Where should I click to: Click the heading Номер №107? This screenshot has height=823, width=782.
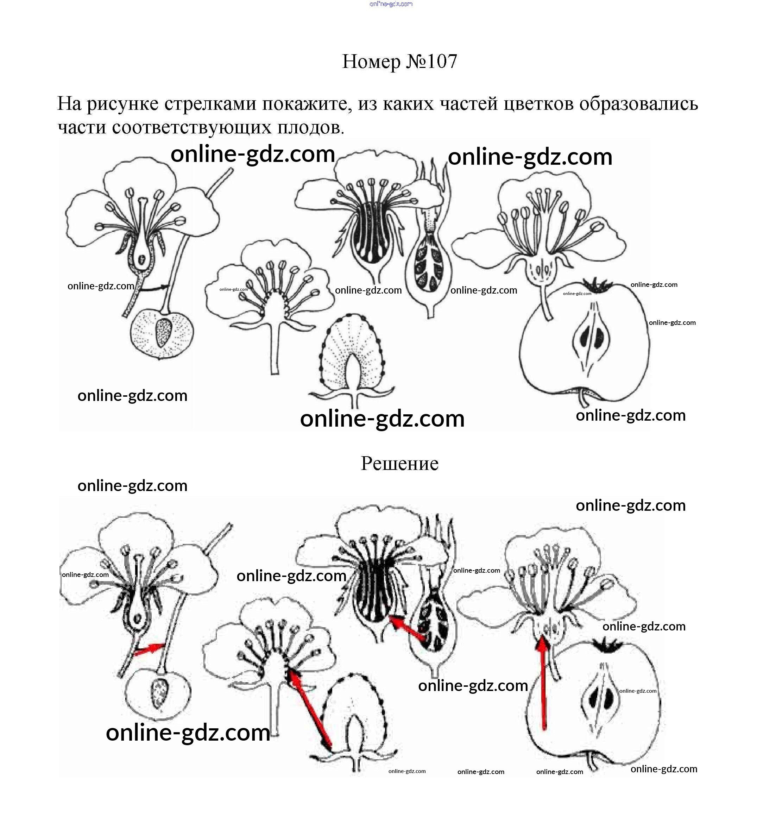click(400, 62)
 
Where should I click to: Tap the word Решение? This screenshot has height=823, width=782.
click(399, 463)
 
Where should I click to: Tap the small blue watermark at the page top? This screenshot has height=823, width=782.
click(391, 4)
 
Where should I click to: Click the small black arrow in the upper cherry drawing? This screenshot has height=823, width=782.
click(154, 288)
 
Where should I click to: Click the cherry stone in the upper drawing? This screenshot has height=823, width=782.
click(163, 333)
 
